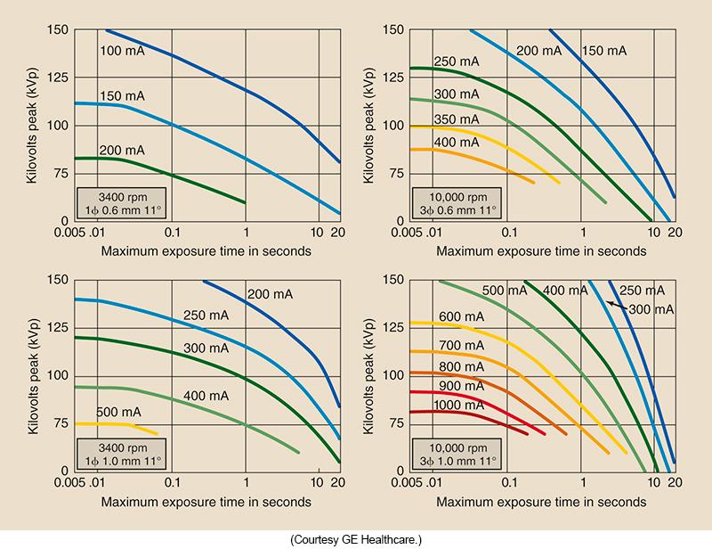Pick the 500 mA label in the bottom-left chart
(118, 412)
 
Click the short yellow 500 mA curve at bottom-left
(125, 425)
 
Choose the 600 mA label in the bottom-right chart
(460, 316)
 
